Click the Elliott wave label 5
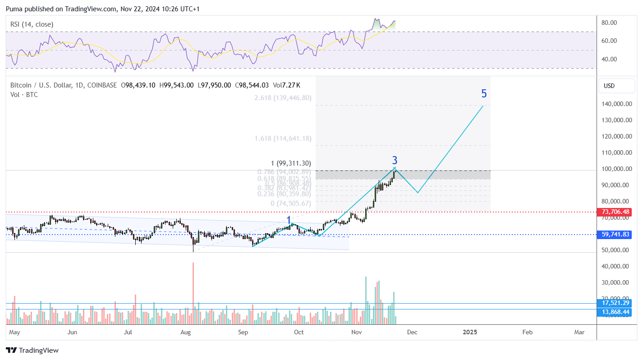[x=484, y=94]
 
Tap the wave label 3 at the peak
[x=395, y=160]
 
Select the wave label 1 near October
[x=289, y=220]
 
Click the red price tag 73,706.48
[x=613, y=212]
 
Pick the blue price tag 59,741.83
[x=613, y=235]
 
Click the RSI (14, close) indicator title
[x=32, y=24]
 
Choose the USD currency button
[x=609, y=86]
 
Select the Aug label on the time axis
[x=186, y=332]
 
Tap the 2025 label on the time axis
[x=470, y=332]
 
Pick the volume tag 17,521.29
[x=613, y=303]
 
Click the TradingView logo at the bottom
[x=32, y=350]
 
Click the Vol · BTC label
[x=24, y=95]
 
